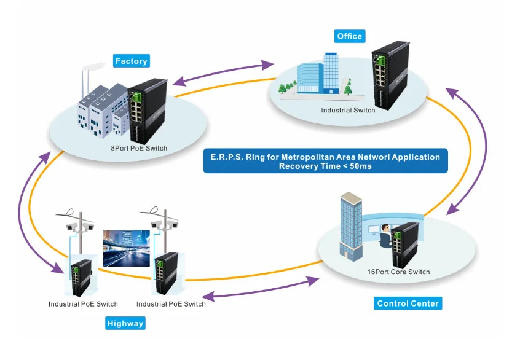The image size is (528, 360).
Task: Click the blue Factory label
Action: (x=132, y=61)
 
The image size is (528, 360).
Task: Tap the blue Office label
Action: (x=349, y=36)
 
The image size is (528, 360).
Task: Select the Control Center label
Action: (x=408, y=303)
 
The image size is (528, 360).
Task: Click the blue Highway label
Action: (x=125, y=323)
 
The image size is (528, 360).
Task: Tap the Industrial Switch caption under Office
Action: (x=348, y=111)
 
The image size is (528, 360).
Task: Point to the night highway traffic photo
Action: (x=126, y=248)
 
